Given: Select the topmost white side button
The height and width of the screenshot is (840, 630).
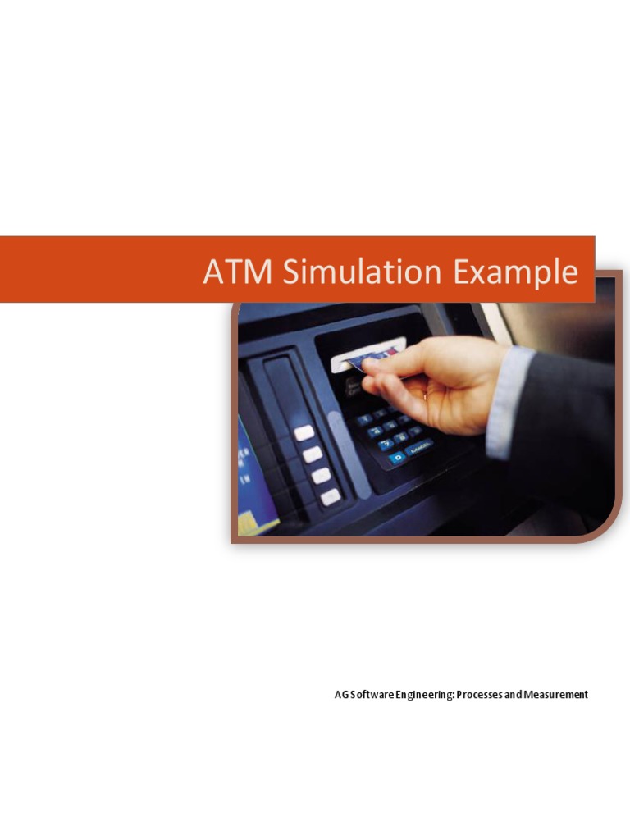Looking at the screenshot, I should (304, 432).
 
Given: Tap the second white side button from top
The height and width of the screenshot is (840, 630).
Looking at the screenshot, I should (313, 454).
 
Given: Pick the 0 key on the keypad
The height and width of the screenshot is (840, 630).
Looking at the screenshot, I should (397, 457).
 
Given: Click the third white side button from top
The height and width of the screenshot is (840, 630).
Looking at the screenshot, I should (322, 475).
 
